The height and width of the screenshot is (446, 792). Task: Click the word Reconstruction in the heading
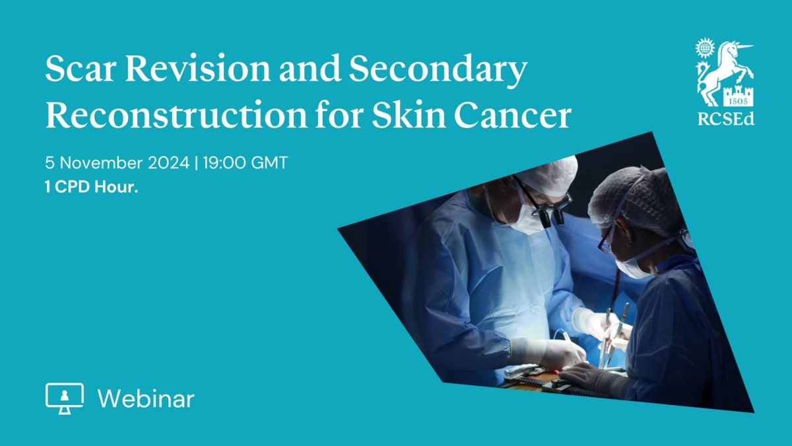click(x=176, y=114)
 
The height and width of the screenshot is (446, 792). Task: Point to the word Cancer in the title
click(x=513, y=115)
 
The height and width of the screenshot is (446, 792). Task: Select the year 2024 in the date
click(x=168, y=163)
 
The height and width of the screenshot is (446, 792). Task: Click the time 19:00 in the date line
click(x=224, y=163)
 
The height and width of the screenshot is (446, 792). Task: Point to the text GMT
click(x=269, y=163)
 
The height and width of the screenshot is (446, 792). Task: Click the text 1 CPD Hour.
click(x=91, y=186)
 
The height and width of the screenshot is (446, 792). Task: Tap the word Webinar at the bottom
click(x=146, y=398)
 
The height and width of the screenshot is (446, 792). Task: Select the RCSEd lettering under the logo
click(x=726, y=119)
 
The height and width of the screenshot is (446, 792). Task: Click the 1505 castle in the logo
click(x=738, y=96)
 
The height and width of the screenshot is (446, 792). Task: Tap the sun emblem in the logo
click(x=705, y=48)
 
